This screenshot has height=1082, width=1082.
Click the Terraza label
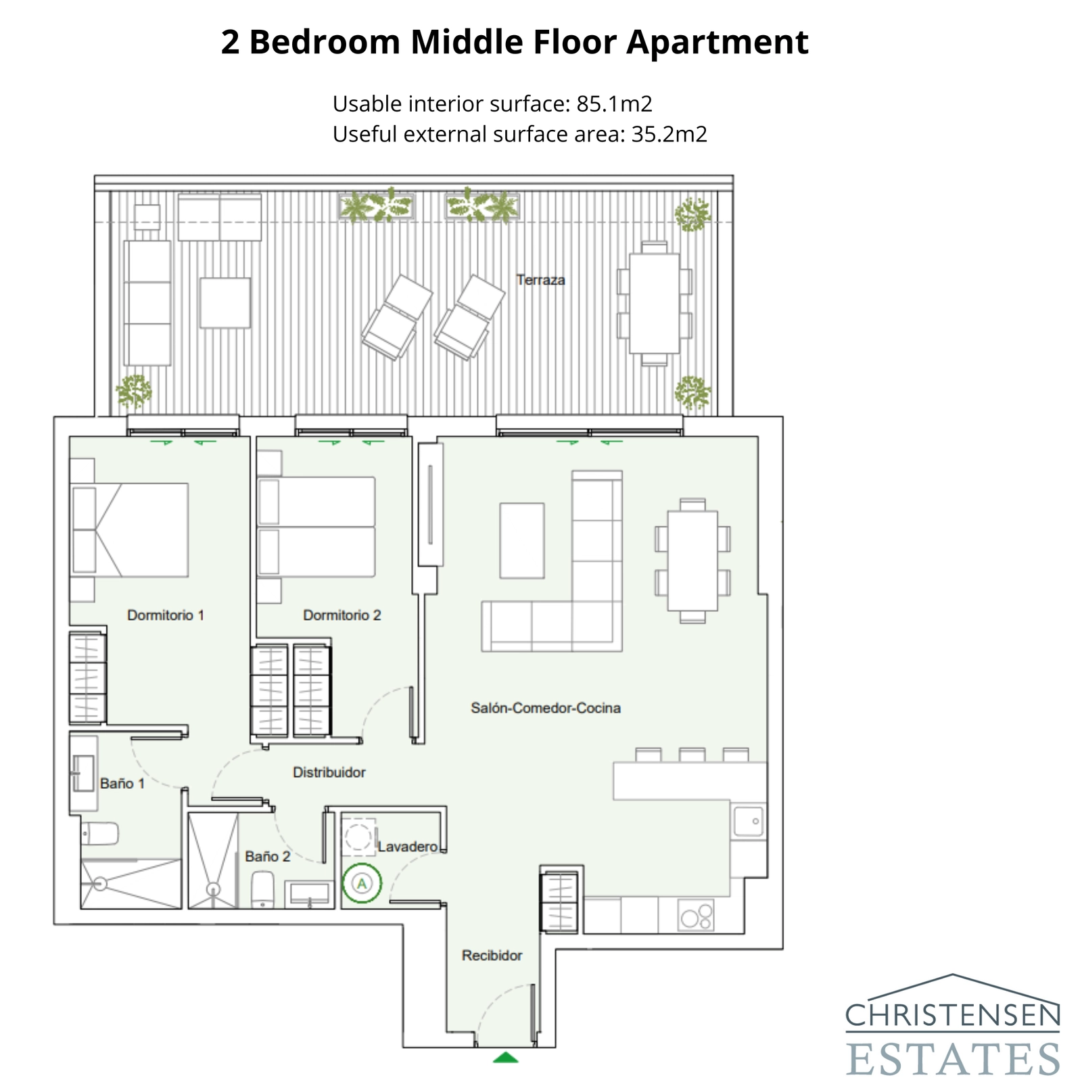540,280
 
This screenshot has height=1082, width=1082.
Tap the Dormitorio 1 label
166,615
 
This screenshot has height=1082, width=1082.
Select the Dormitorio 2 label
342,615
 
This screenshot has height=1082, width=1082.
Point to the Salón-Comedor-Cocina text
546,708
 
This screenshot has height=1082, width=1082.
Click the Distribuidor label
329,772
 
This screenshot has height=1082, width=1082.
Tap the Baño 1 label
122,784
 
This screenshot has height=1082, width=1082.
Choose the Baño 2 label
267,857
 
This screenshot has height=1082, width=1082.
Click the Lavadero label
407,847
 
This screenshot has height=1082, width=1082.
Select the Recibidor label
492,956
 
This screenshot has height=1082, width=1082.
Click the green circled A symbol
362,883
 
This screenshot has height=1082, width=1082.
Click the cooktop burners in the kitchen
696,916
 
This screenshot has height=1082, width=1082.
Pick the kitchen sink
749,821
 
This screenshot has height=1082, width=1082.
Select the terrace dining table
654,303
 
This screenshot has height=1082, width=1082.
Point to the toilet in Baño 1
99,833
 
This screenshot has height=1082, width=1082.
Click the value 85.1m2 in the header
614,104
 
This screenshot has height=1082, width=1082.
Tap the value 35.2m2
669,135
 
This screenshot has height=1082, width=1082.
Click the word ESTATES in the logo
952,1058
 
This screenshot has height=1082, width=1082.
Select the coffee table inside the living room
521,540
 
